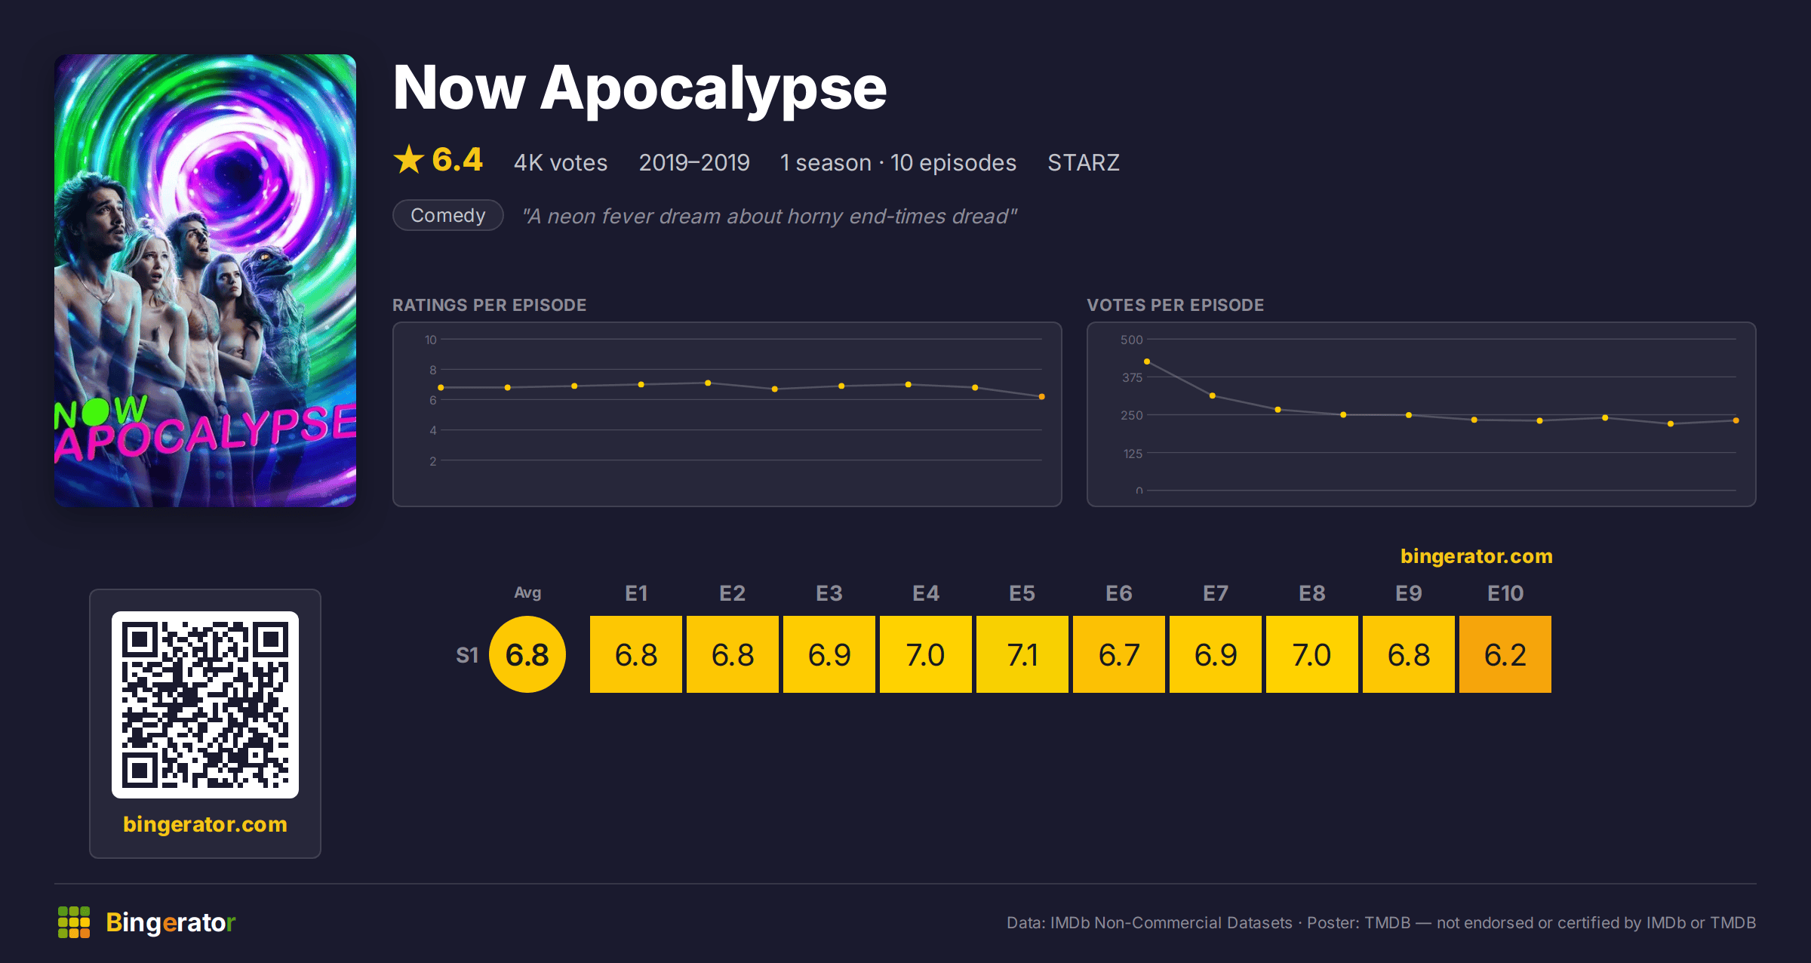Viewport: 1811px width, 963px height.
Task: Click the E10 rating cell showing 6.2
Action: (x=1505, y=654)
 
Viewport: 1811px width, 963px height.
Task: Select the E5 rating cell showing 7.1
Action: (x=1022, y=654)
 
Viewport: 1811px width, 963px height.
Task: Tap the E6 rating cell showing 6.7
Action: (x=1118, y=654)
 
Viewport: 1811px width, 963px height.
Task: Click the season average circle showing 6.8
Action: (x=527, y=654)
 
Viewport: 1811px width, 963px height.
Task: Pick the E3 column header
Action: (x=829, y=593)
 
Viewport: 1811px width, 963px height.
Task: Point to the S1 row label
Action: (x=467, y=655)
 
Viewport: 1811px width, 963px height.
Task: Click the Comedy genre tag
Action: (x=448, y=215)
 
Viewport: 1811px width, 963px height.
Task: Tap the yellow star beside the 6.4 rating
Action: (x=409, y=159)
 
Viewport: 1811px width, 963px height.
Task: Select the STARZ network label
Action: (x=1084, y=162)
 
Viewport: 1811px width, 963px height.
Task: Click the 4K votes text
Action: (x=561, y=162)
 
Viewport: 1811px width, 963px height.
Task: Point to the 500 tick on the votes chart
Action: (x=1131, y=340)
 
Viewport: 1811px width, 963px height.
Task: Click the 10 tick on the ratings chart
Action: (x=431, y=340)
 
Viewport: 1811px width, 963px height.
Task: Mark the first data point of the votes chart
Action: (x=1147, y=362)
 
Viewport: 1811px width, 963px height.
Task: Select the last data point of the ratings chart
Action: (x=1042, y=396)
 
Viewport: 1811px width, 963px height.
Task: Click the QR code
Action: (x=205, y=705)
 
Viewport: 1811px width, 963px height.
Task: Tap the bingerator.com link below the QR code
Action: (x=205, y=824)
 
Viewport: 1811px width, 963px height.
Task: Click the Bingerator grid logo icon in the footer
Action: (x=74, y=922)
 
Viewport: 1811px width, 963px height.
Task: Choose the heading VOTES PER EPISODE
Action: (x=1175, y=305)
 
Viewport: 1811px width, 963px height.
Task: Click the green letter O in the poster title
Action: (x=95, y=412)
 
